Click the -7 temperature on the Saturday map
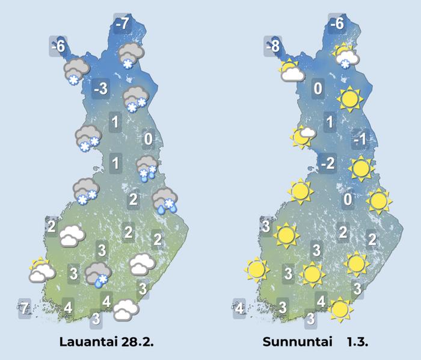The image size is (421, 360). click(122, 25)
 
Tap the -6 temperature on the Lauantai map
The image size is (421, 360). click(58, 45)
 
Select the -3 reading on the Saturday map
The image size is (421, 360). click(100, 90)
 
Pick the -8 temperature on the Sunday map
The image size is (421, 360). click(275, 45)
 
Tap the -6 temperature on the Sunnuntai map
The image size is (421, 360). click(337, 25)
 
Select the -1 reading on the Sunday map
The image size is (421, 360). click(360, 140)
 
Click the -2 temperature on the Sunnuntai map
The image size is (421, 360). click(328, 163)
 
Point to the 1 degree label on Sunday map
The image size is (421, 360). click(329, 123)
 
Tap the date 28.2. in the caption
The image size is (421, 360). click(138, 342)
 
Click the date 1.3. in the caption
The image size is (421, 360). click(357, 342)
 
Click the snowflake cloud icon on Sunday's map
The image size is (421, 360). click(346, 56)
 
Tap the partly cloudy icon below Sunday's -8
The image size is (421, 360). click(291, 70)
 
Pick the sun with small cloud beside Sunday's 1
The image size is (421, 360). click(303, 136)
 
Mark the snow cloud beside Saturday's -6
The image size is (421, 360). click(76, 71)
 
